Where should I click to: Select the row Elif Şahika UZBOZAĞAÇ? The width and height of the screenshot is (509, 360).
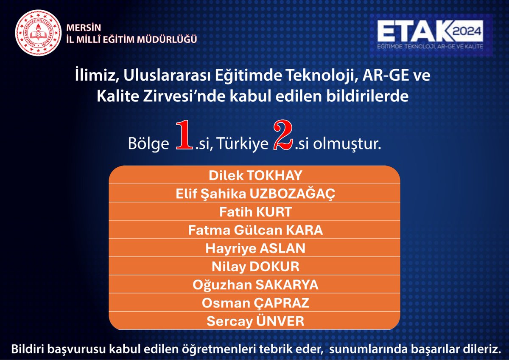pyautogui.click(x=255, y=194)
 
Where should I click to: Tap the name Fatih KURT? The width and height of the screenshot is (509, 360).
pyautogui.click(x=255, y=212)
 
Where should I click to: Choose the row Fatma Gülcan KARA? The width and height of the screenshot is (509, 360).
pyautogui.click(x=255, y=231)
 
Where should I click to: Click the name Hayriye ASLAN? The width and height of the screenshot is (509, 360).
pyautogui.click(x=255, y=249)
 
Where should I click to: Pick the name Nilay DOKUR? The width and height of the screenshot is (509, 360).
pyautogui.click(x=255, y=267)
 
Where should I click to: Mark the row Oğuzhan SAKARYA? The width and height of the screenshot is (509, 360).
pyautogui.click(x=255, y=285)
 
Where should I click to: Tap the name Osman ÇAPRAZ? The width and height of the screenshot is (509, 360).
pyautogui.click(x=255, y=303)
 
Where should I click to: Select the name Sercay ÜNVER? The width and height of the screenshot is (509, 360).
pyautogui.click(x=255, y=321)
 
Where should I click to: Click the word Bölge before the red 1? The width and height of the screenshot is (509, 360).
pyautogui.click(x=148, y=143)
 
